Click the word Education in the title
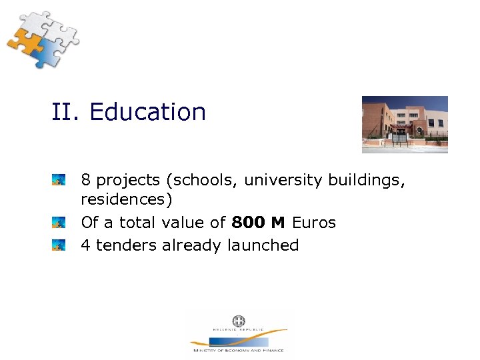tap(147, 112)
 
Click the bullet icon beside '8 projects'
tap(59, 180)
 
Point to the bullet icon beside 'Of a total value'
tap(59, 223)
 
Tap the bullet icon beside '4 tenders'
tap(59, 245)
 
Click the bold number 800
tap(248, 223)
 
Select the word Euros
tap(313, 223)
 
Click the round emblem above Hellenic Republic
tap(238, 321)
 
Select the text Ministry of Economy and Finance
tap(238, 350)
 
